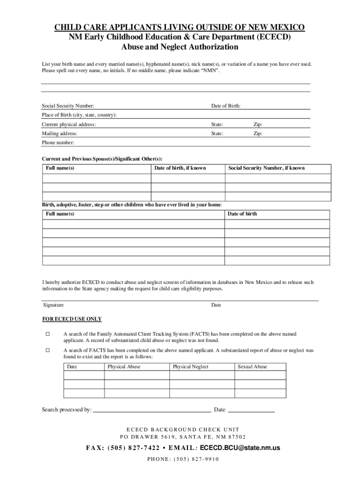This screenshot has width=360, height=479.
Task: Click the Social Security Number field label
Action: (68, 106)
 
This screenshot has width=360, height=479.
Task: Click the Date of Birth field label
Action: (226, 106)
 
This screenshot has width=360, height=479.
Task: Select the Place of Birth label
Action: (79, 115)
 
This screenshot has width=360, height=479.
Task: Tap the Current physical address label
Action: (69, 124)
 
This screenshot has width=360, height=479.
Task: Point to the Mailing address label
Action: (59, 133)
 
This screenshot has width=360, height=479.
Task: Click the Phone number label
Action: (58, 143)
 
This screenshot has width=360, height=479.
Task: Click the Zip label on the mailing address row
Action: (258, 133)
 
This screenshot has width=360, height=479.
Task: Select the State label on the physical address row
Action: (217, 124)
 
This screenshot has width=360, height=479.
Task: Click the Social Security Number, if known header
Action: (266, 168)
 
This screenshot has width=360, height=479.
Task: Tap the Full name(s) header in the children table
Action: (60, 214)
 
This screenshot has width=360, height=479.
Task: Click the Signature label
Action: (53, 305)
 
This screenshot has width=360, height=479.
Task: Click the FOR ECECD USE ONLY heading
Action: (72, 319)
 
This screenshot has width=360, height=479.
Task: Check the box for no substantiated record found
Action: (47, 334)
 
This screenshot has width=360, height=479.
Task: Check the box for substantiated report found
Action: (47, 350)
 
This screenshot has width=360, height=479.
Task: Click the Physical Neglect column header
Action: (191, 367)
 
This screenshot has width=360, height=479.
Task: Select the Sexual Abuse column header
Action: (252, 367)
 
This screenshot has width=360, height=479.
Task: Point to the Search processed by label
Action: (67, 410)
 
